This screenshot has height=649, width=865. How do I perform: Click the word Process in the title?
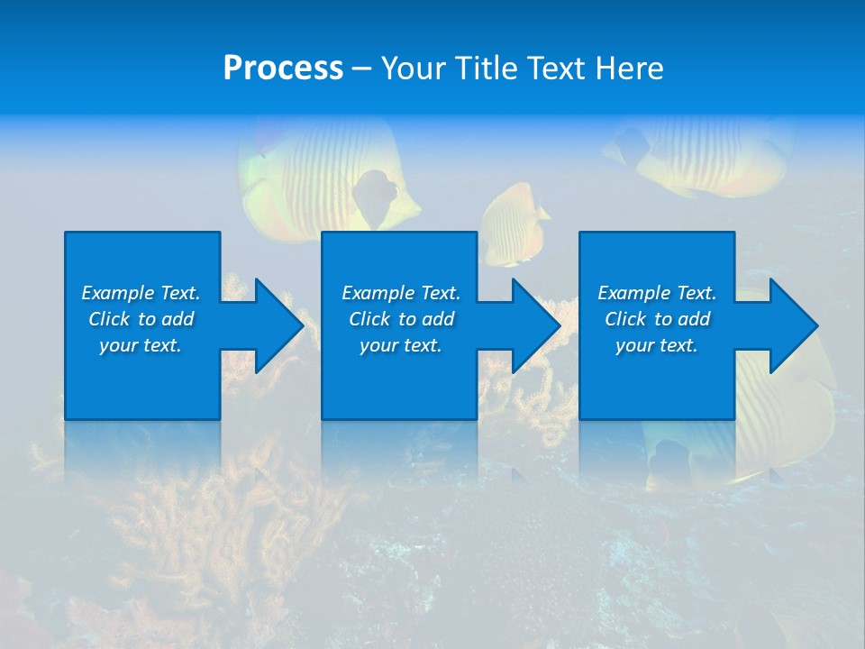point(283,68)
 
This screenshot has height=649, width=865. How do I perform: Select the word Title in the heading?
point(487,68)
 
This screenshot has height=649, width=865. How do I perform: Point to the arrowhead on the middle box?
point(530,325)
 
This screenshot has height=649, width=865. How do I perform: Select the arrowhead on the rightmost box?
point(788,325)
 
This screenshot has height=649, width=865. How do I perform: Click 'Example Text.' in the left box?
point(141,293)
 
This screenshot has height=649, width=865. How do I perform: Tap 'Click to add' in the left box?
point(141,319)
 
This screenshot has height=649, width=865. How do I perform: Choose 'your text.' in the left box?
point(141,345)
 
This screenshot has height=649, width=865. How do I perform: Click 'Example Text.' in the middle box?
point(401,293)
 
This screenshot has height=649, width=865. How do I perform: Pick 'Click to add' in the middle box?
point(401,319)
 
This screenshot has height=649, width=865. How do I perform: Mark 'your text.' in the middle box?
point(401,345)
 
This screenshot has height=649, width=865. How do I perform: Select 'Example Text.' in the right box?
point(657,293)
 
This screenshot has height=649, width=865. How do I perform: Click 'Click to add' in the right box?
point(657,319)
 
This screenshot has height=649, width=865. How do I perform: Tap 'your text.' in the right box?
point(657,345)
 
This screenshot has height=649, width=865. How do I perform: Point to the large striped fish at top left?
point(315,176)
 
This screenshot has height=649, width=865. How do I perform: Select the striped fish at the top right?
point(712,153)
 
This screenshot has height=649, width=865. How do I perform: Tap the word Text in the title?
point(555,68)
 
